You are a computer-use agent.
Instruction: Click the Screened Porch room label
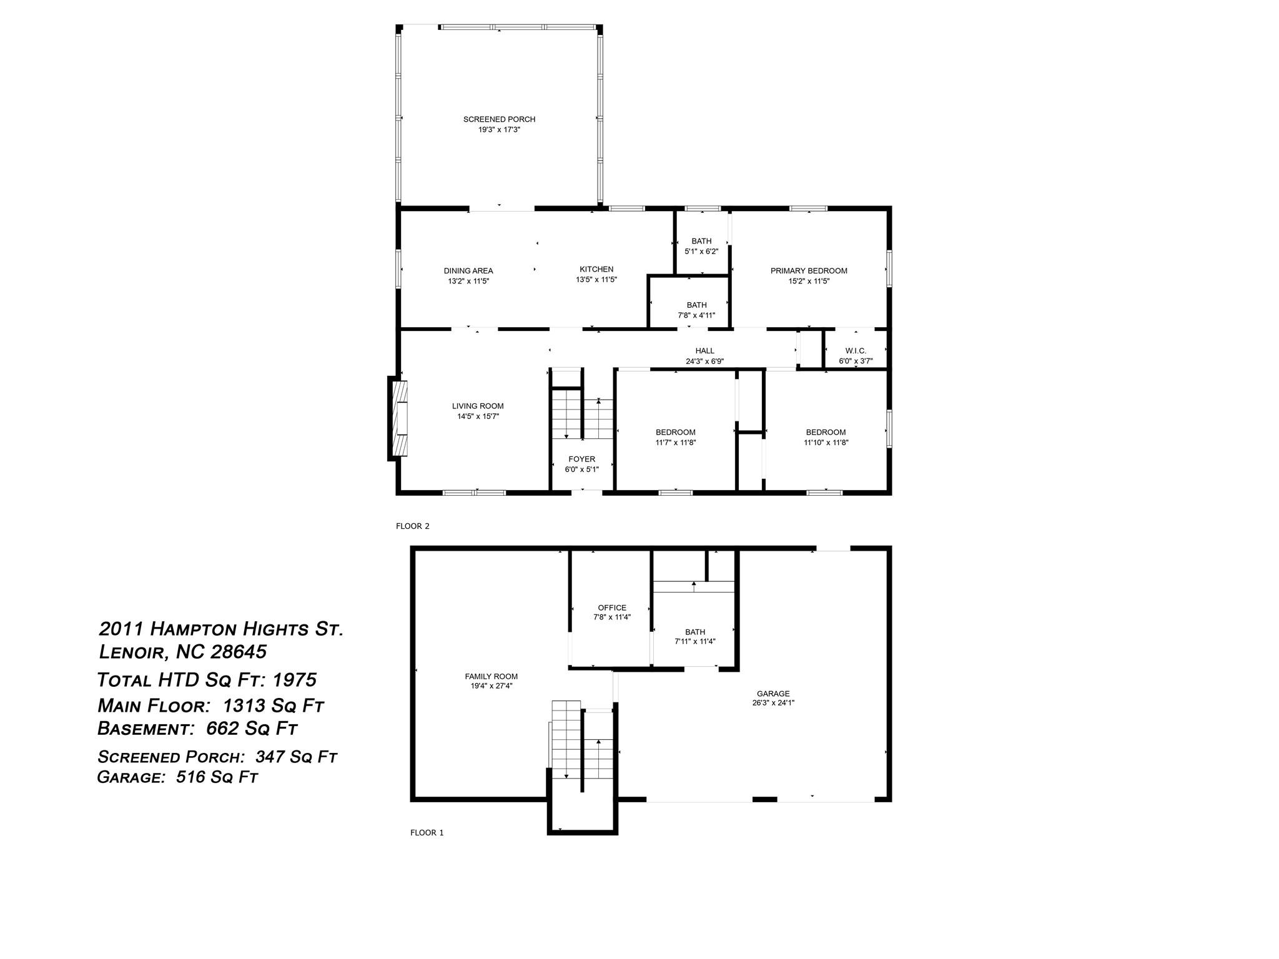click(499, 119)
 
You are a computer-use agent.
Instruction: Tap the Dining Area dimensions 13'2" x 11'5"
click(468, 281)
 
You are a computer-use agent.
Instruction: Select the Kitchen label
click(596, 270)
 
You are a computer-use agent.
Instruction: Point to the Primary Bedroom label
click(809, 271)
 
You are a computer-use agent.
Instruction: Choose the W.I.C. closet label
click(856, 351)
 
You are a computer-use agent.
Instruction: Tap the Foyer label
click(581, 460)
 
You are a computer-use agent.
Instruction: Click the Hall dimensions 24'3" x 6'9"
click(704, 361)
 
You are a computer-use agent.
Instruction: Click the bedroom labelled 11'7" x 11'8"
click(676, 437)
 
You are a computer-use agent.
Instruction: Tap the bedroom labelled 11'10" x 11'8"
click(826, 437)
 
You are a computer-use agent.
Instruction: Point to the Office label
click(612, 607)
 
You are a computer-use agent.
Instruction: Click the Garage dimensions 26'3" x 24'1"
click(773, 702)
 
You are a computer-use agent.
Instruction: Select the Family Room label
click(491, 676)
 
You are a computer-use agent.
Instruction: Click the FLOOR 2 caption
click(413, 526)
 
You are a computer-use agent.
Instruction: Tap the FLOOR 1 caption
click(427, 832)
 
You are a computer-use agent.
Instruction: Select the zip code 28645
click(239, 652)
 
